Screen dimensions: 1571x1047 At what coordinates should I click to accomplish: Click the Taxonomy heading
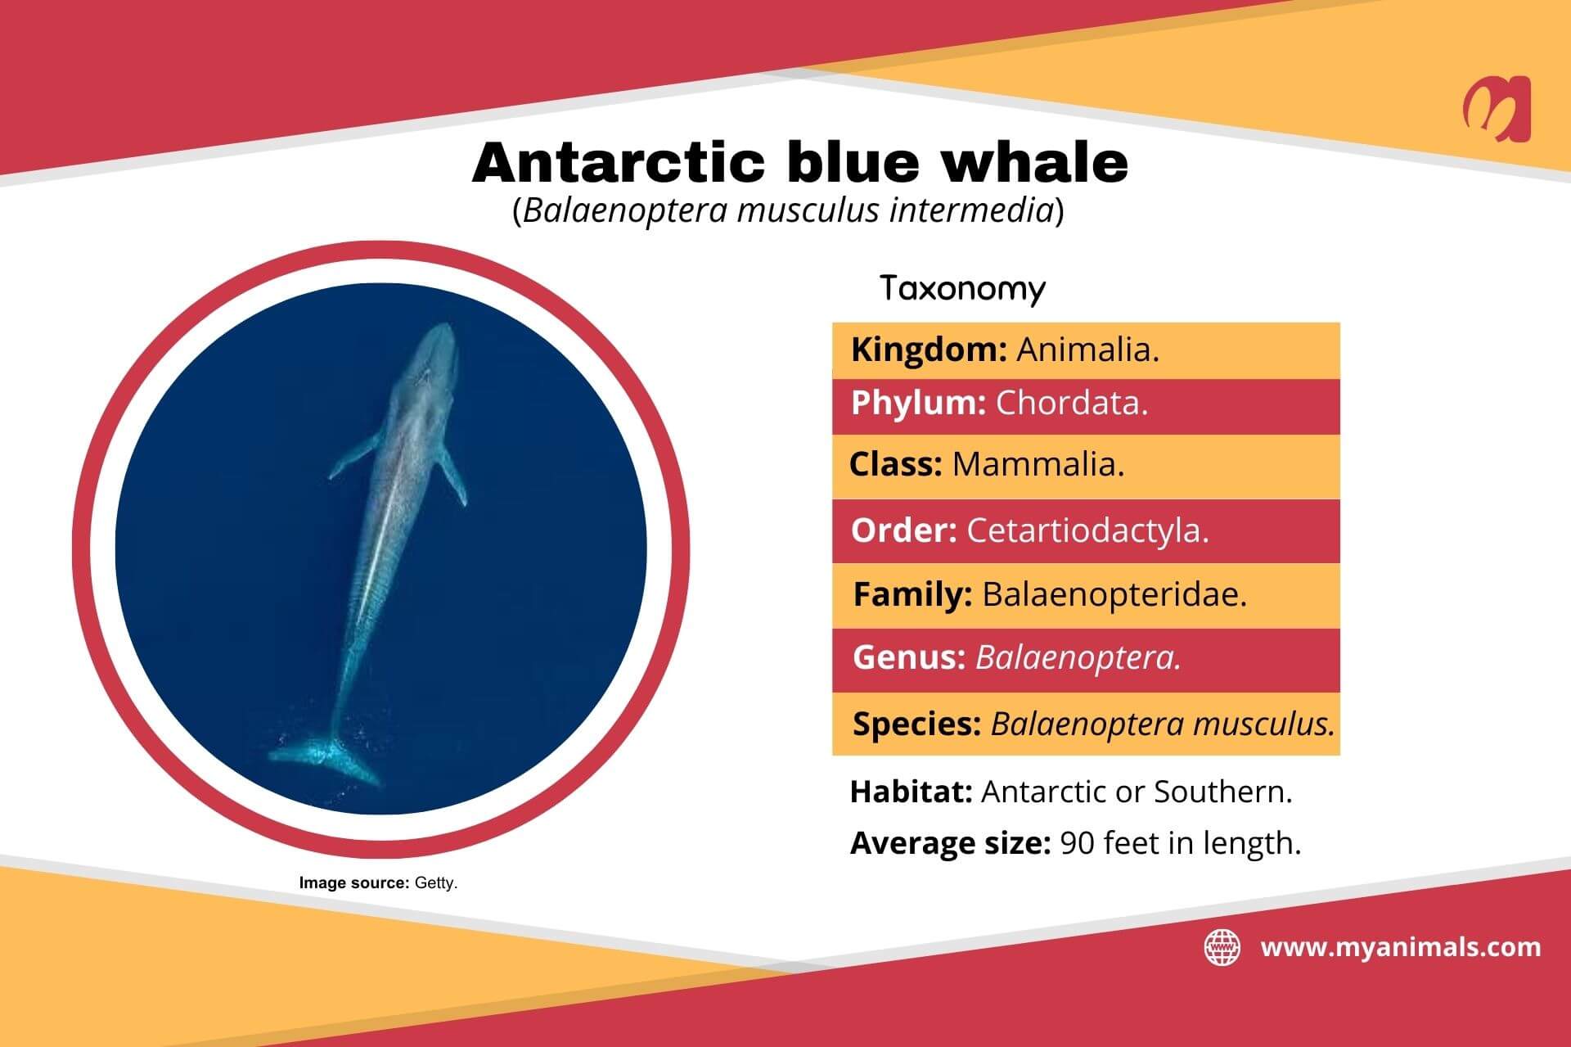(962, 289)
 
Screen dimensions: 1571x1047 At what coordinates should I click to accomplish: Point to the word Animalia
(1087, 350)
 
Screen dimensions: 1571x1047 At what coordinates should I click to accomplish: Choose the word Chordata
(1072, 404)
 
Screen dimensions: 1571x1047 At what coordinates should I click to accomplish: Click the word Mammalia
(1038, 465)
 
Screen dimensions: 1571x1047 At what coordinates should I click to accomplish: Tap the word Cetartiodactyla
(1087, 531)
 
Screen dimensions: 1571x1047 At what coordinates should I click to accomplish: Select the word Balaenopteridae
(1114, 595)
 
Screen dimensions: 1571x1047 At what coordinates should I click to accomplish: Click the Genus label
(909, 657)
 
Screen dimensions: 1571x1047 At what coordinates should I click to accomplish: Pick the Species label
(916, 724)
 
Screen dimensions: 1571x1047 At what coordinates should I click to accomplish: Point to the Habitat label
(911, 792)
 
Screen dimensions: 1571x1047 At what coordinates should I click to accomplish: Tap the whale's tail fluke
(327, 757)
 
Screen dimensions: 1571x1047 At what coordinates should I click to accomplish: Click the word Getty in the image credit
(436, 884)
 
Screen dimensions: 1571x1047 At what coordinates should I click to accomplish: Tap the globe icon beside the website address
(1222, 948)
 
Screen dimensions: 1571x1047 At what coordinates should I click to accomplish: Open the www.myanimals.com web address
(1401, 948)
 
